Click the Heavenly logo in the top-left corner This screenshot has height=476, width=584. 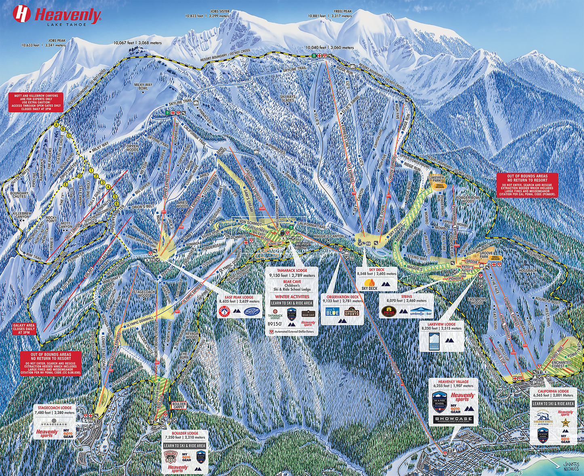click(x=57, y=15)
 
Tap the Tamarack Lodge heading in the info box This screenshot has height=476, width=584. click(x=292, y=270)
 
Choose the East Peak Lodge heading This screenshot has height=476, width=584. click(x=239, y=297)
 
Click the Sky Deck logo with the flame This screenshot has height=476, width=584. click(x=369, y=284)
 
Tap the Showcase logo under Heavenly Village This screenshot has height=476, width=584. click(x=453, y=419)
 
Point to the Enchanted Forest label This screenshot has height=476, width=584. click(x=561, y=364)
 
